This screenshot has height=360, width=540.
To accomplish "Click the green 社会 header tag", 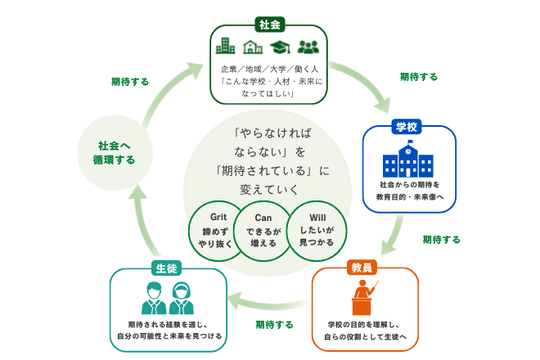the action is [270, 25].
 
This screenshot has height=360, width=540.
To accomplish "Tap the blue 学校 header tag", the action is [407, 127].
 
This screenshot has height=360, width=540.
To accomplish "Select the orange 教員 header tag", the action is [362, 268].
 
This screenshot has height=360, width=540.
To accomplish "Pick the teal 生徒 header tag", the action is [166, 268].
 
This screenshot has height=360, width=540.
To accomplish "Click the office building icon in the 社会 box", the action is [225, 46].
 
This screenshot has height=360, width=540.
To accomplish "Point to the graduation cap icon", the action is [280, 47].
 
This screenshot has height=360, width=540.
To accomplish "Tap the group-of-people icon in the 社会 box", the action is [308, 47].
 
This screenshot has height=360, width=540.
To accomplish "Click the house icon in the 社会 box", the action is [253, 47].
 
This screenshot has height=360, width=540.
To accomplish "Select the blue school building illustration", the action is [408, 160].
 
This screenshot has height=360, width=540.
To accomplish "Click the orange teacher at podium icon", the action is [363, 297].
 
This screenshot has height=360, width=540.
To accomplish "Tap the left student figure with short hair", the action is [154, 298].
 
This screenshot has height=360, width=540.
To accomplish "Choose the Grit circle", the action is [215, 231].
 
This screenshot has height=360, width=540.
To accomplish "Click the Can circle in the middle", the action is [263, 231].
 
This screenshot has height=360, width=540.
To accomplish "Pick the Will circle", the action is [317, 231].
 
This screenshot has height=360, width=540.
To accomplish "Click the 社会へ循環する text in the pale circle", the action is [114, 153].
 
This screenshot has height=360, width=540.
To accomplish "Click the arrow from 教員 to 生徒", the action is [268, 303].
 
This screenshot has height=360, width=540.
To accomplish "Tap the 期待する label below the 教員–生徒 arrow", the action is [274, 325].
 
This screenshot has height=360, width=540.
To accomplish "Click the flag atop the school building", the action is [410, 142].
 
